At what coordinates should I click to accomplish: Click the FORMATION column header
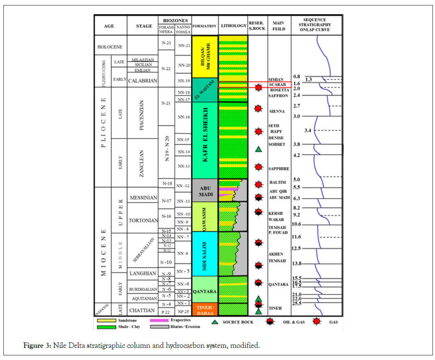pos(205,26)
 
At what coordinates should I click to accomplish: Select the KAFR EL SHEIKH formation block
pos(205,140)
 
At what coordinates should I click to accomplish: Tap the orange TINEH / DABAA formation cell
pos(205,309)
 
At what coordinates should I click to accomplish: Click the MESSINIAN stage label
pos(143,197)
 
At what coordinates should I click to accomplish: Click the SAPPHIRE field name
pos(279,168)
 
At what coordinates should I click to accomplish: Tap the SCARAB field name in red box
pos(277,84)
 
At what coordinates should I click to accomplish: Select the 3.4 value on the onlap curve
pos(307,131)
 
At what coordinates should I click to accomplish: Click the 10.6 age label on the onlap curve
pos(297,224)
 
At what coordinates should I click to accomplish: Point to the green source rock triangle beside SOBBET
pos(259,149)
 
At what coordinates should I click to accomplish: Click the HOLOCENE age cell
pos(109,47)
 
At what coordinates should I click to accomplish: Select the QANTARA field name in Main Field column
pos(278,285)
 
